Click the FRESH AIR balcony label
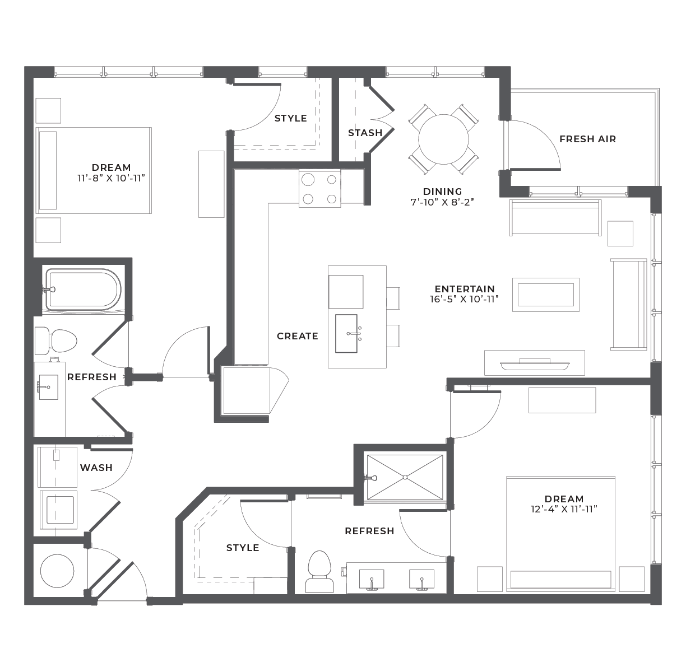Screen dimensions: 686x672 [x=587, y=139]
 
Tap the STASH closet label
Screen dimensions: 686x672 [x=365, y=133]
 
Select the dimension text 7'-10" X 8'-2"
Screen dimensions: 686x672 [x=442, y=202]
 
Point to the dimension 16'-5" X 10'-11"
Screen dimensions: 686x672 [x=464, y=299]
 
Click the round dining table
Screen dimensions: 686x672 [x=443, y=139]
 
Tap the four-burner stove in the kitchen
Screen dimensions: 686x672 [x=319, y=189]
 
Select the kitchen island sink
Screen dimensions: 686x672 [x=346, y=333]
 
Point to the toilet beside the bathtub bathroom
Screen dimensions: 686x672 [x=56, y=341]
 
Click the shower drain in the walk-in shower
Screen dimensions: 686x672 [x=405, y=477]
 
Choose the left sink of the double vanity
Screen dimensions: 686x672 [x=371, y=580]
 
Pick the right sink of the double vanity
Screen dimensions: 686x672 [x=421, y=580]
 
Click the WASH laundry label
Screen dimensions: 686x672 [x=96, y=468]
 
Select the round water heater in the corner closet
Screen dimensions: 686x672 [x=57, y=571]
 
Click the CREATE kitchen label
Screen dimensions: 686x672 [x=297, y=336]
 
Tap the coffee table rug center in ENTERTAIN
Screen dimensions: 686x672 [x=545, y=295]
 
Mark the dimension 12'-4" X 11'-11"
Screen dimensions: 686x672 [x=563, y=510]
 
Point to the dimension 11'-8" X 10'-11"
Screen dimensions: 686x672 [x=111, y=178]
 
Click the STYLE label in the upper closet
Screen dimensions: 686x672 [x=290, y=119]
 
